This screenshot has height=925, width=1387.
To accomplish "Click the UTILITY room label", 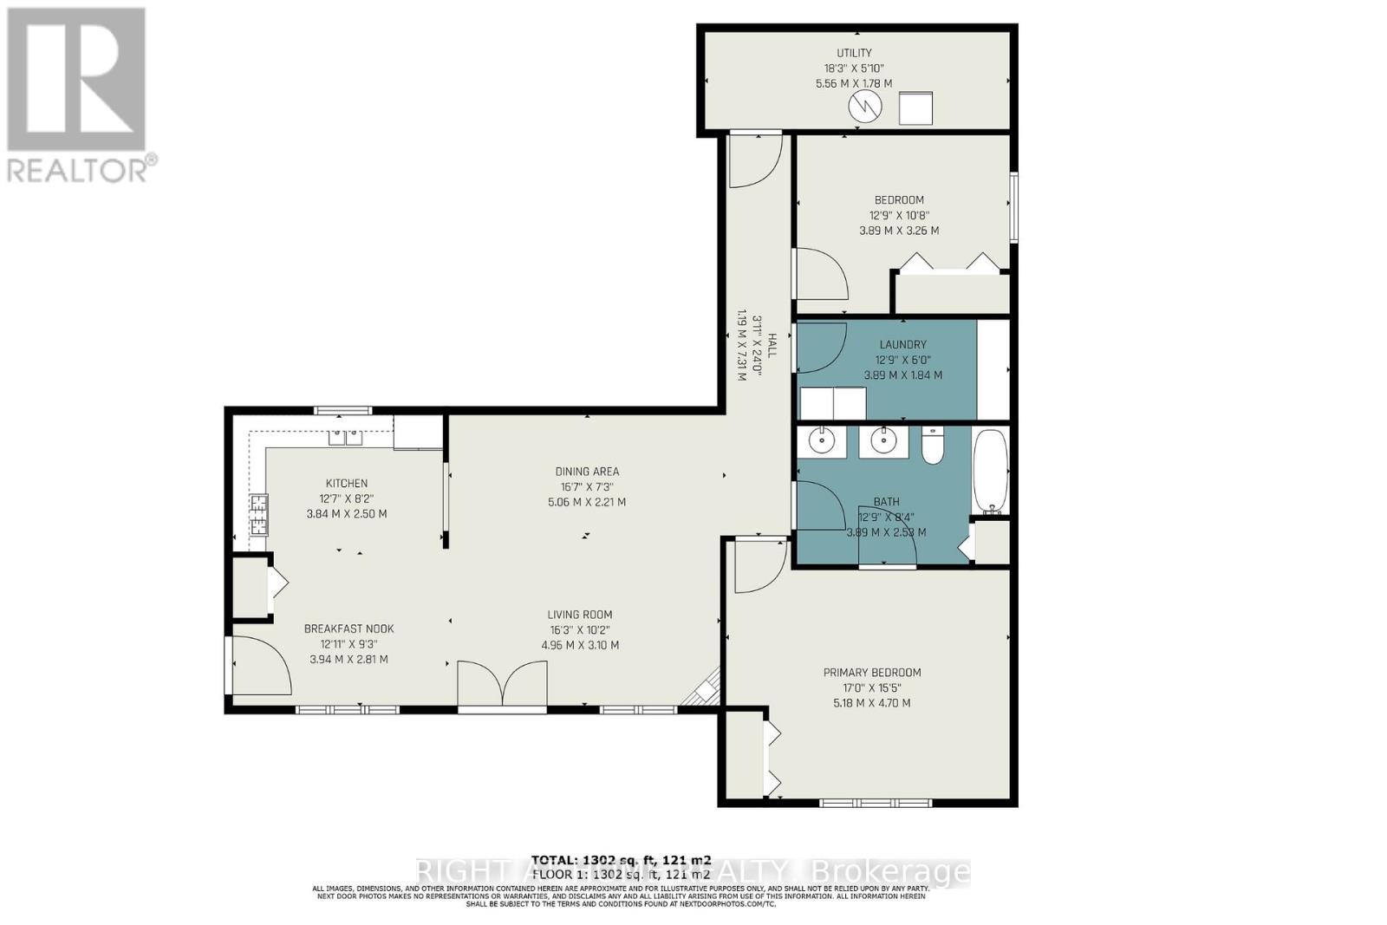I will pos(854,53).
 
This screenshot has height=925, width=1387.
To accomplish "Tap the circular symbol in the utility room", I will pos(864,107).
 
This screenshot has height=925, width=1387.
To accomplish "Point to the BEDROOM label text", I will pos(899,200).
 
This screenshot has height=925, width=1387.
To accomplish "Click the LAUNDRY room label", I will pos(902,344).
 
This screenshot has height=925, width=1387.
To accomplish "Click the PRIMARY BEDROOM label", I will pos(871,672).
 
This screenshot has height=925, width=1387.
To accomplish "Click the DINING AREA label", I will pos(587,472).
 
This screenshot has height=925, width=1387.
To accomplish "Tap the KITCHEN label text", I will pos(347,483).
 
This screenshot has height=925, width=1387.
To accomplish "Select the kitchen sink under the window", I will pos(345,438).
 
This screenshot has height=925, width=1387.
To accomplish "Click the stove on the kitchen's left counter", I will pos(258,513).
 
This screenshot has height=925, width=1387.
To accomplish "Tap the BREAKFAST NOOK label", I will pos(348,629).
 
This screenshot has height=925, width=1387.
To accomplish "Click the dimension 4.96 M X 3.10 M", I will pos(579,645).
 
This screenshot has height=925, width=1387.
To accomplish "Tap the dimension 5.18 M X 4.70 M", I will pos(871,703).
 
